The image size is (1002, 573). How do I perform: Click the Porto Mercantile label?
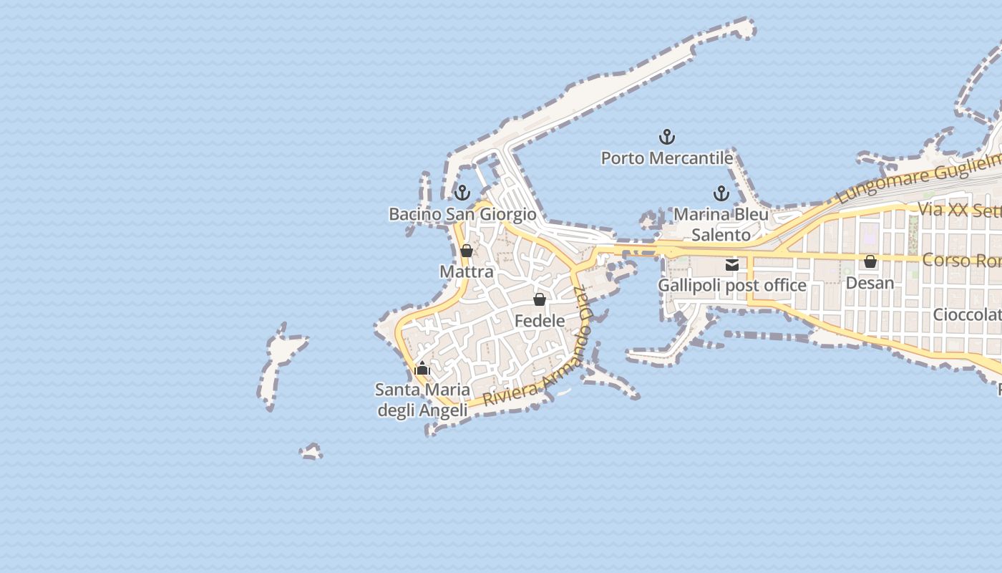(666, 158)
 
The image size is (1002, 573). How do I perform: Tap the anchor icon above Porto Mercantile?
(667, 136)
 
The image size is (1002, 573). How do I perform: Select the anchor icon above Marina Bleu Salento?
(721, 193)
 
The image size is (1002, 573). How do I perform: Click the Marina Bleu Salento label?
(721, 224)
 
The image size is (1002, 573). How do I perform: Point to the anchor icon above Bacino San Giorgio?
(462, 192)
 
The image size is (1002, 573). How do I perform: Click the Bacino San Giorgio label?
(462, 214)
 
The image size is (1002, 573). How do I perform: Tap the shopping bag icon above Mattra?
(467, 251)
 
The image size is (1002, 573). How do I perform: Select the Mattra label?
(467, 272)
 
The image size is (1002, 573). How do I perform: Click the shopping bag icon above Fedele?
(540, 299)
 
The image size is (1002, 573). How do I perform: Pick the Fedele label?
(540, 321)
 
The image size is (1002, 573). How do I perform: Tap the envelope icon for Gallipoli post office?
(731, 264)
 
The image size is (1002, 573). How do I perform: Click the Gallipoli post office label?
(731, 286)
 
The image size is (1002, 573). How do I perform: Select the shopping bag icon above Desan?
(870, 261)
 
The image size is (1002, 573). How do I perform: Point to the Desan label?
(870, 283)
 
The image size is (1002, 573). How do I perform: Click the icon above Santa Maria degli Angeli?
(422, 369)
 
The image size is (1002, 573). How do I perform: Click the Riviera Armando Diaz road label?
(544, 365)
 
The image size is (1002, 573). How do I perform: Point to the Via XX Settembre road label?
(959, 210)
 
